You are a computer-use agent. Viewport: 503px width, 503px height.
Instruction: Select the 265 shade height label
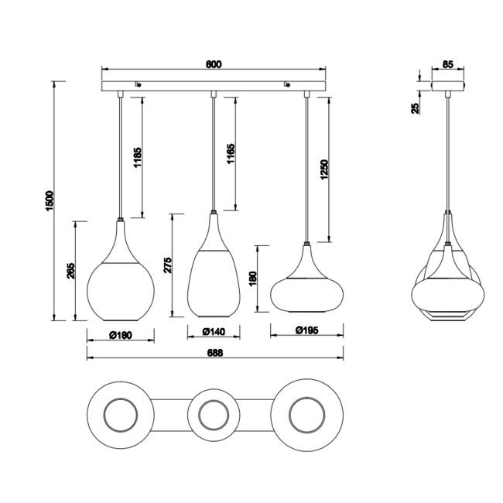tap(70, 270)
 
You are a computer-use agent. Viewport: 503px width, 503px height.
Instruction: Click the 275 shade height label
tap(167, 265)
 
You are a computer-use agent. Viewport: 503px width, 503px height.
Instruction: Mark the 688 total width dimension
tap(215, 353)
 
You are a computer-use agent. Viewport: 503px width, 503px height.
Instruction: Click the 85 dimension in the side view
tap(448, 64)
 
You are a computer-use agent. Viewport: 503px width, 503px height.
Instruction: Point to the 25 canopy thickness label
tap(416, 108)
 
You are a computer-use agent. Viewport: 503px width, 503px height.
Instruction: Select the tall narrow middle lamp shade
tap(213, 275)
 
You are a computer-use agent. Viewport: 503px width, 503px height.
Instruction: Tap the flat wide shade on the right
tap(306, 290)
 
